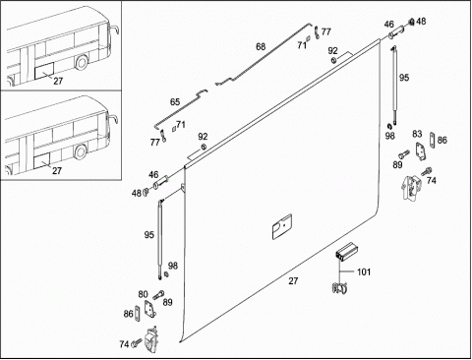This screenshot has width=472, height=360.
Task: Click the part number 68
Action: pyautogui.click(x=261, y=47)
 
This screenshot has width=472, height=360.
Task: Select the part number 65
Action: pyautogui.click(x=175, y=102)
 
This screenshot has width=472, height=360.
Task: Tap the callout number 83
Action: pyautogui.click(x=417, y=134)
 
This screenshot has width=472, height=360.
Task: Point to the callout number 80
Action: pyautogui.click(x=143, y=294)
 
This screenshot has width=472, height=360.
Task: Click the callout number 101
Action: pyautogui.click(x=364, y=271)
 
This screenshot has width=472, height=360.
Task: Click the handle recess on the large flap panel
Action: pyautogui.click(x=282, y=226)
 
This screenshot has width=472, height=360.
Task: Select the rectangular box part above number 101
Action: pyautogui.click(x=346, y=252)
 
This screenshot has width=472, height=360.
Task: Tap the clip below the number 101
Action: pyautogui.click(x=339, y=288)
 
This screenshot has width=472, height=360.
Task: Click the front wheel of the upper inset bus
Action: pyautogui.click(x=82, y=62)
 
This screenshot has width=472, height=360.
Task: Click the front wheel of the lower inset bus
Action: pyautogui.click(x=80, y=151)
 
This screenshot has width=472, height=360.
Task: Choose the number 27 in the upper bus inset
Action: pyautogui.click(x=58, y=81)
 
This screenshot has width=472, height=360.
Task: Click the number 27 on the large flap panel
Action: pyautogui.click(x=293, y=281)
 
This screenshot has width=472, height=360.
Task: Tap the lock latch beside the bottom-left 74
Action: pyautogui.click(x=151, y=340)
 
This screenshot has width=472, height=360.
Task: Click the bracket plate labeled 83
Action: pyautogui.click(x=420, y=151)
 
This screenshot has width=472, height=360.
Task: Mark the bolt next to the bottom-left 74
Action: pyautogui.click(x=136, y=342)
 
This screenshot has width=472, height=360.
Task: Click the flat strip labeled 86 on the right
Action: pyautogui.click(x=433, y=140)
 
